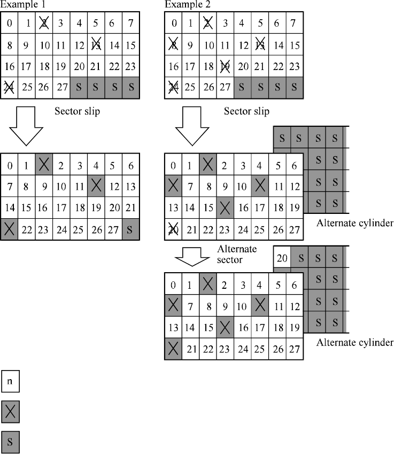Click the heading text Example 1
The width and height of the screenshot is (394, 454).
pyautogui.click(x=22, y=5)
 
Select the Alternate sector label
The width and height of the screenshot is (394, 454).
pyautogui.click(x=237, y=254)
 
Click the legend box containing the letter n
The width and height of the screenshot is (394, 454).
pyautogui.click(x=11, y=383)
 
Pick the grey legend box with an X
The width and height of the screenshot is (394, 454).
pyautogui.click(x=11, y=412)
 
